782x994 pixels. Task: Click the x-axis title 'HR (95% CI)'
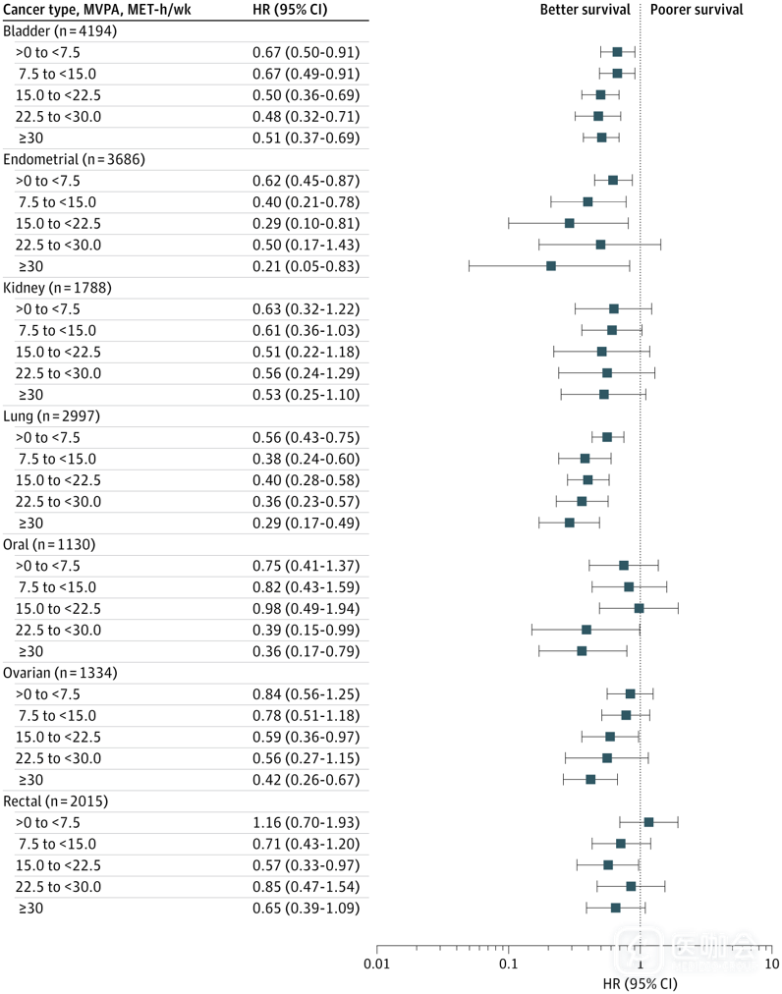[639, 981]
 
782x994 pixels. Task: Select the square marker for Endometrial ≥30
[551, 266]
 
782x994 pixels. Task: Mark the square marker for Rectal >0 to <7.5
[648, 822]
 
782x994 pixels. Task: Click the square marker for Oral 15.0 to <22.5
[639, 608]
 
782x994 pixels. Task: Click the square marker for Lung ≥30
[570, 523]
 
